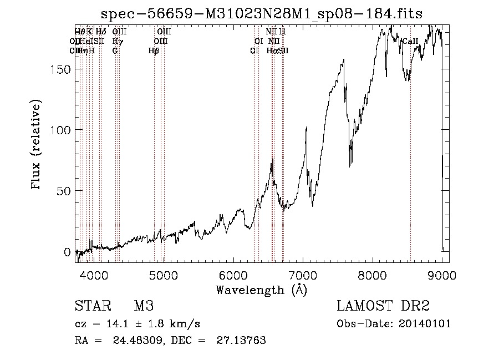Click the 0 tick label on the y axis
click(x=68, y=252)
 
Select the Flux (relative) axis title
click(x=37, y=145)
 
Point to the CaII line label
click(x=410, y=41)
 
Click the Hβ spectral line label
click(x=154, y=50)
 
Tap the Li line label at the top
click(x=282, y=32)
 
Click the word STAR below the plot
click(x=91, y=306)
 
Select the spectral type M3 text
click(x=144, y=306)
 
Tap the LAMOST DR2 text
click(x=383, y=306)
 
